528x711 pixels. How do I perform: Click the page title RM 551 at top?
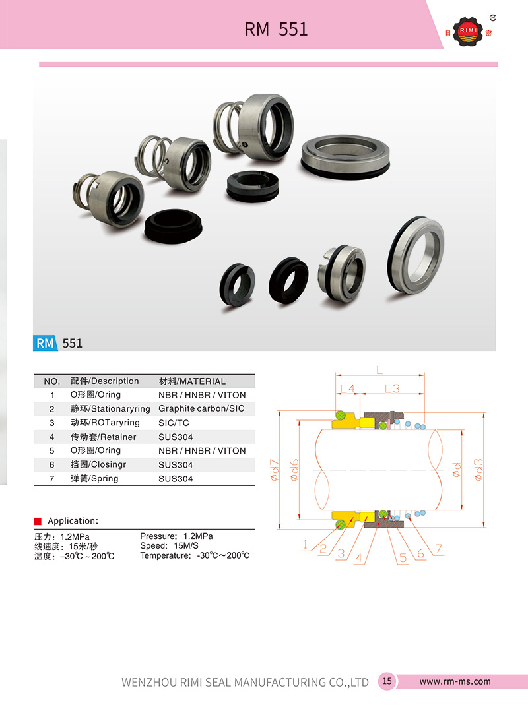click(x=276, y=29)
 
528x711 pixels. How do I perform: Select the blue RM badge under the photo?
click(x=45, y=343)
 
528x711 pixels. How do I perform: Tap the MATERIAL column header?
click(x=192, y=381)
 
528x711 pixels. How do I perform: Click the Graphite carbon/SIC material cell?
click(x=201, y=409)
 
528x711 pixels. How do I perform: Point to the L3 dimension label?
click(x=392, y=388)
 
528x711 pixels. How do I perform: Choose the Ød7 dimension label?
click(x=275, y=472)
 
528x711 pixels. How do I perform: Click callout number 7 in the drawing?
click(x=438, y=549)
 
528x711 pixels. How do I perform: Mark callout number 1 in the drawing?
click(x=305, y=545)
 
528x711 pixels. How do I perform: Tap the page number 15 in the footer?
click(x=387, y=681)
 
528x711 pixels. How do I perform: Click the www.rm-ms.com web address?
click(x=455, y=681)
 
